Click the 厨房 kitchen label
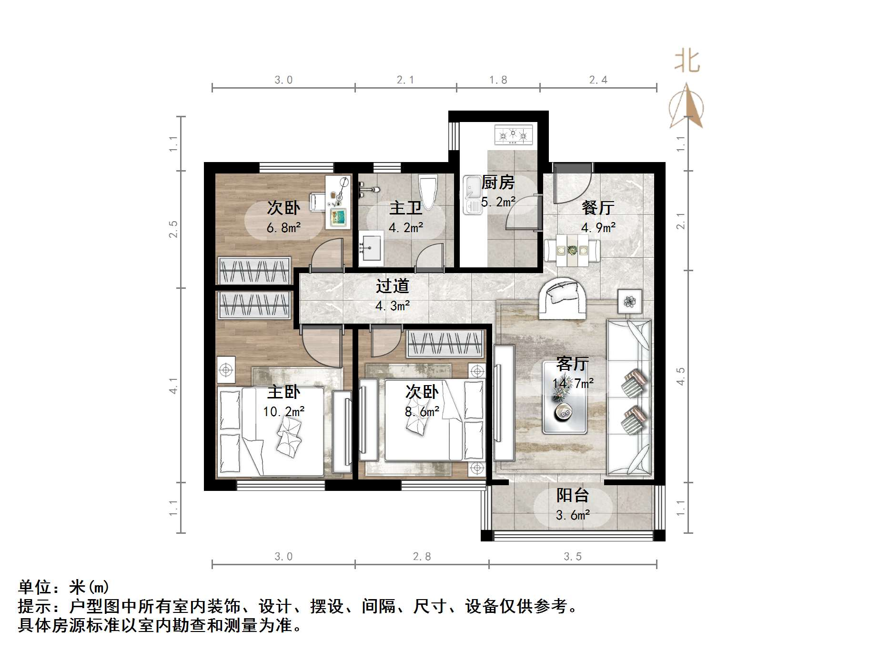point(498,183)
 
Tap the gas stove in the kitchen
point(513,135)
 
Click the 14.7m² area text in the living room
point(573,383)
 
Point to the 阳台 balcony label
point(572,496)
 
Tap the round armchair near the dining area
point(562,297)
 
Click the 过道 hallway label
point(393,286)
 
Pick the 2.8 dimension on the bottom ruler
point(422,557)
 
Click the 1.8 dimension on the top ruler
point(498,80)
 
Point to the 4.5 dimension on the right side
point(681,377)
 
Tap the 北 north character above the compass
point(687,62)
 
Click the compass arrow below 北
point(686,107)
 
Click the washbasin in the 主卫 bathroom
point(371,246)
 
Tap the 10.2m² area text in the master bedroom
point(284,411)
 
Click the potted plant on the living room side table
point(630,301)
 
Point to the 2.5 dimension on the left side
point(174,229)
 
